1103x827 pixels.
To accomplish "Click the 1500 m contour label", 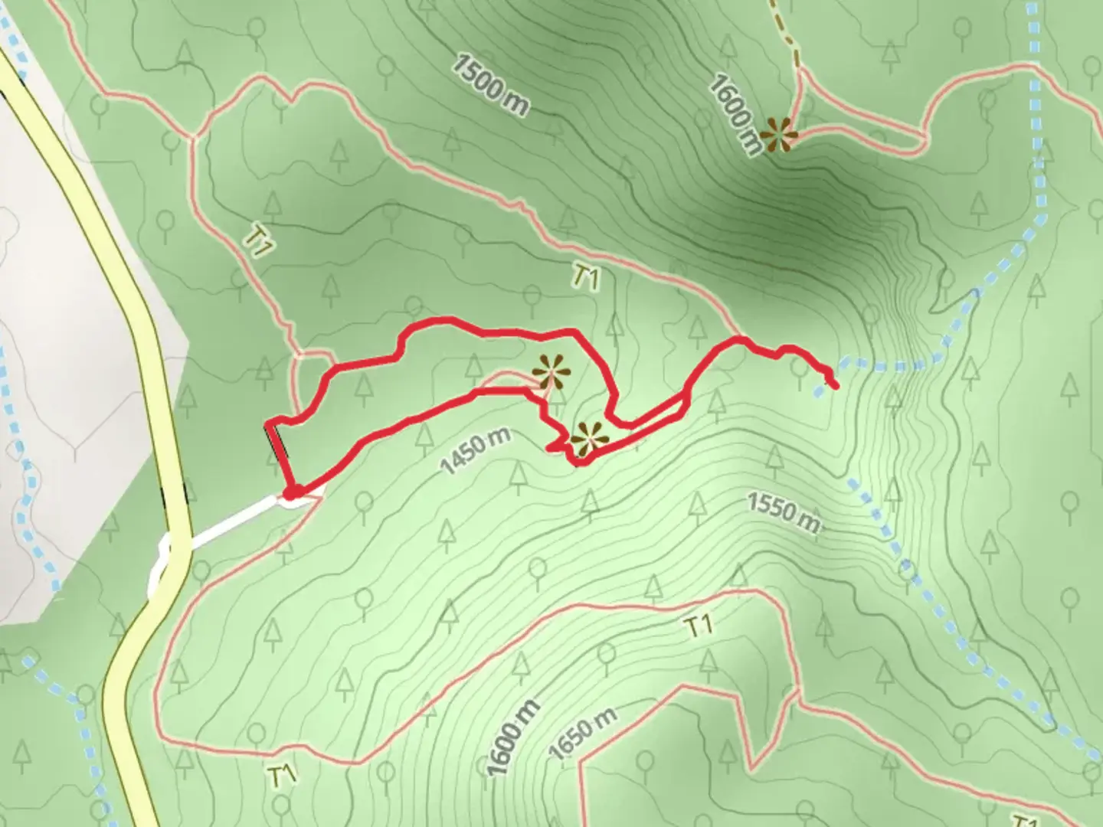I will (x=489, y=85).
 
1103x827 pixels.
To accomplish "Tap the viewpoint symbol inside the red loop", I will (x=551, y=373).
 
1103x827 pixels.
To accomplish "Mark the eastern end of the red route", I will (x=833, y=384).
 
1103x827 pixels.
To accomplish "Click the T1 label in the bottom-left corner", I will (x=282, y=773).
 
